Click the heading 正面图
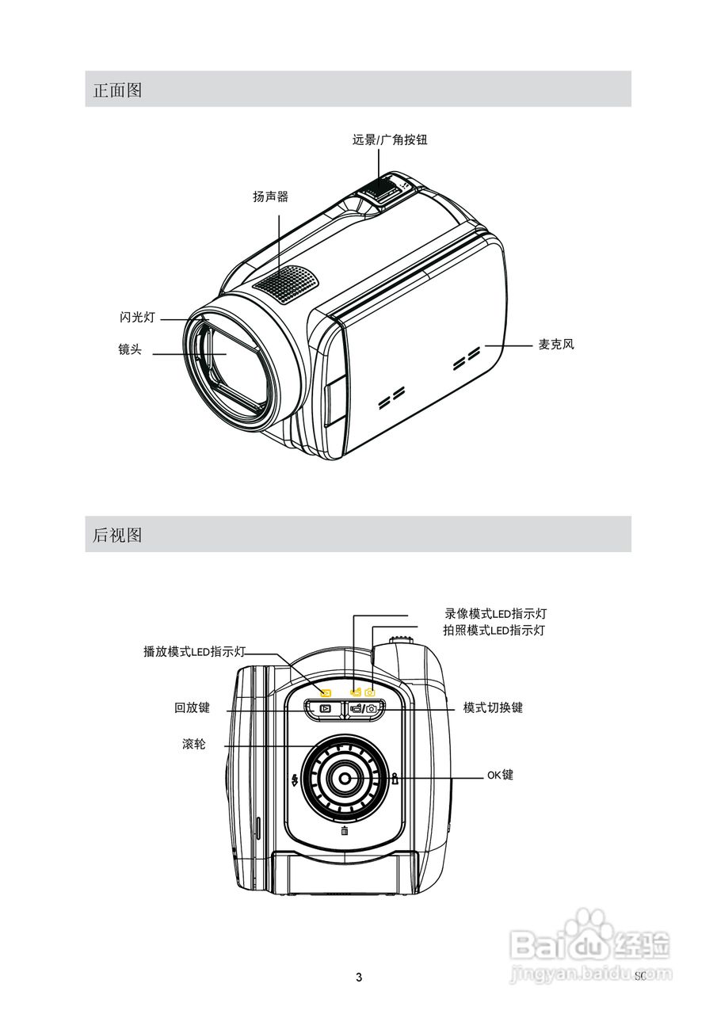point(117,90)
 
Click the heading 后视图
point(117,535)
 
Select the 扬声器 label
point(270,197)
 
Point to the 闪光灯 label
point(137,318)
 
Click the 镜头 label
point(130,349)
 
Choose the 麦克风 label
point(555,345)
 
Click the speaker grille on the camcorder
point(285,282)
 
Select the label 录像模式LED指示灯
point(495,614)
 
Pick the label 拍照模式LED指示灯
point(494,631)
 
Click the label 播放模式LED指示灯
point(194,651)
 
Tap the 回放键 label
point(192,708)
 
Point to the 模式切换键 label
point(493,707)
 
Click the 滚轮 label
point(193,745)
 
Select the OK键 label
point(500,775)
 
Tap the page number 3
point(359,978)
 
